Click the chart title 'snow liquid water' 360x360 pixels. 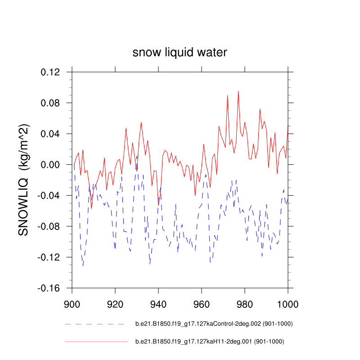(180, 53)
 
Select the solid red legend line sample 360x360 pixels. (96, 342)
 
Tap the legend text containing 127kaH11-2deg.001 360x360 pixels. (210, 342)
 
